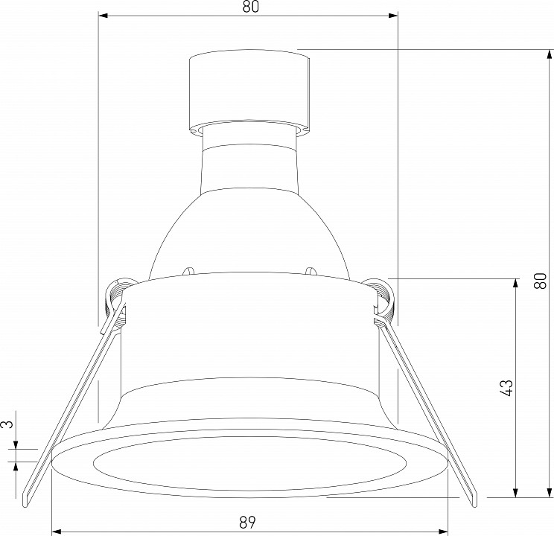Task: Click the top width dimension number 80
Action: point(250,7)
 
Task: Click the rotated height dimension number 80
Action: point(540,281)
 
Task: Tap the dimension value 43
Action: point(506,388)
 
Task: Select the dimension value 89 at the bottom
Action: point(247,522)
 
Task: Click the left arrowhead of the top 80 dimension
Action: point(103,16)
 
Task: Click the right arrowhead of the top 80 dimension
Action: point(393,16)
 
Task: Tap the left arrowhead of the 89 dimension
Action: point(57,532)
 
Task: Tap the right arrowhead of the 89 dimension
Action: point(443,532)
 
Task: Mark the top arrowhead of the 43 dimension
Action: point(515,284)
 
